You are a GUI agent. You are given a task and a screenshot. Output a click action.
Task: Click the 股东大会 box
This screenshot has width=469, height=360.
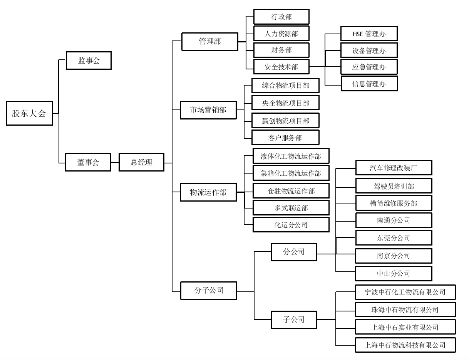click(x=29, y=113)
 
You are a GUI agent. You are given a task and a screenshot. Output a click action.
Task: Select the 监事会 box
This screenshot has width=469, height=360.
click(x=89, y=61)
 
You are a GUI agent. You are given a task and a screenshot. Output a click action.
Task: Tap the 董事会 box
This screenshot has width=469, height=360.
click(x=88, y=162)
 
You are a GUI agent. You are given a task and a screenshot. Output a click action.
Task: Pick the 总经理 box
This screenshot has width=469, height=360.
click(x=141, y=162)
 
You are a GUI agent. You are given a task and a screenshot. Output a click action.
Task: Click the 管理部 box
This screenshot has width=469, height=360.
click(x=210, y=42)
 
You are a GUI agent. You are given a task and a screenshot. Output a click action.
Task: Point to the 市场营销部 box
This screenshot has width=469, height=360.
click(x=208, y=110)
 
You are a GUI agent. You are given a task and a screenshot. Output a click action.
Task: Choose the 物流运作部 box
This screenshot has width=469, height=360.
click(x=208, y=192)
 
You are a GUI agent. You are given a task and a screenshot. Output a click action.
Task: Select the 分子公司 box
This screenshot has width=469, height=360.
click(x=208, y=290)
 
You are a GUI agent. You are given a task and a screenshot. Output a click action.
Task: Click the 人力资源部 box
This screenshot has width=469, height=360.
click(x=281, y=34)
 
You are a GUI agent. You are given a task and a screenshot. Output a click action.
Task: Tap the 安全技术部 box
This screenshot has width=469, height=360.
click(x=281, y=67)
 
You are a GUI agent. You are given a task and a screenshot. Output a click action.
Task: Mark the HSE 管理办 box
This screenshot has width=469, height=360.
click(x=369, y=34)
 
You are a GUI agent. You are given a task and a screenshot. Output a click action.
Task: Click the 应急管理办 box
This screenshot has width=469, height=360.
click(x=369, y=67)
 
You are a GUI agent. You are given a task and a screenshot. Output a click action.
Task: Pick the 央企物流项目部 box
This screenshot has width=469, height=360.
click(x=285, y=103)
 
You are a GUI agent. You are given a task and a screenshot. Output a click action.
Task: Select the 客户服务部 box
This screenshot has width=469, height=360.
click(x=285, y=138)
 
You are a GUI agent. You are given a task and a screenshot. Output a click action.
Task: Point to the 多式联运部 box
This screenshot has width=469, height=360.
click(x=291, y=208)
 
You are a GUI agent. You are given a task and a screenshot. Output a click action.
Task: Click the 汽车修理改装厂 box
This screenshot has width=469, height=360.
click(x=394, y=168)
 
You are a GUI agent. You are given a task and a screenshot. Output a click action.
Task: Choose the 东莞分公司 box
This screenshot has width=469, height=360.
click(x=394, y=238)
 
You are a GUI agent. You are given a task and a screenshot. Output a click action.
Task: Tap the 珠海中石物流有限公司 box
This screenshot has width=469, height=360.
click(x=405, y=310)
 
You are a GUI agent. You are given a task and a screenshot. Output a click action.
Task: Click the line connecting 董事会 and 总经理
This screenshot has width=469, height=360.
click(x=115, y=162)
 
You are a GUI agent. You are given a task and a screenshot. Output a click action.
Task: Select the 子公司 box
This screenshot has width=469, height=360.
click(x=294, y=320)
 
